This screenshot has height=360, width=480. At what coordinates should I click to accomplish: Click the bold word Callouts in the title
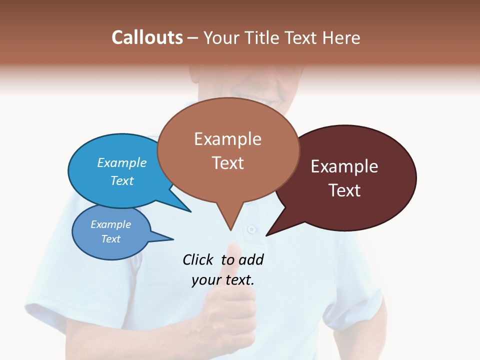coord(147,37)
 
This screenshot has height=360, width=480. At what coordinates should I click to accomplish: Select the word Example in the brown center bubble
coord(227,139)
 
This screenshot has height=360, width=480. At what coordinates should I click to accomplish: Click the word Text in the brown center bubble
coord(227,163)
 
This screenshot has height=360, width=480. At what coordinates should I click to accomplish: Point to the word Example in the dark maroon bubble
coord(344,166)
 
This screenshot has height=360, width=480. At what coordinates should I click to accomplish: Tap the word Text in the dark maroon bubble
coord(344,190)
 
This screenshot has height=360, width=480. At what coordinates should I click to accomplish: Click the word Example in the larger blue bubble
coord(122,162)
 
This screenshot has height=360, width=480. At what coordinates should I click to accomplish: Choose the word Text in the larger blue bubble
coord(122,180)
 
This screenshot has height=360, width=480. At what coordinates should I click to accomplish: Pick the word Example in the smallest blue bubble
coord(110,224)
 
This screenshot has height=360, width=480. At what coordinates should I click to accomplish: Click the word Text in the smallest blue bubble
coord(110,239)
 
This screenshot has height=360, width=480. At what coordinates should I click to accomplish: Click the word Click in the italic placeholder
coord(198,259)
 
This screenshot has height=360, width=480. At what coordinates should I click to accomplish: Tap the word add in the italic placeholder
coord(250,259)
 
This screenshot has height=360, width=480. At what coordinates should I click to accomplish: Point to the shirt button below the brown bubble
coord(251,229)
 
